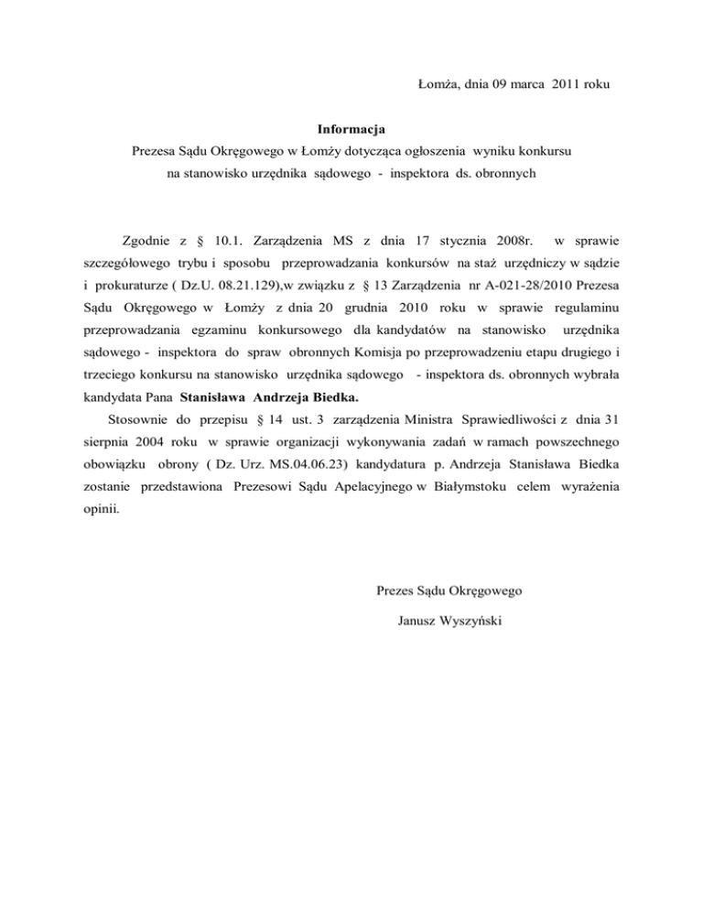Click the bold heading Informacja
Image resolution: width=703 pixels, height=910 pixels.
(x=351, y=128)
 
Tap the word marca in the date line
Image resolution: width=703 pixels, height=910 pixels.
(x=519, y=85)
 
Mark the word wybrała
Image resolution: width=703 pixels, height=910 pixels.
(x=592, y=402)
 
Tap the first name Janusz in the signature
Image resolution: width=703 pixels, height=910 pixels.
(x=418, y=622)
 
